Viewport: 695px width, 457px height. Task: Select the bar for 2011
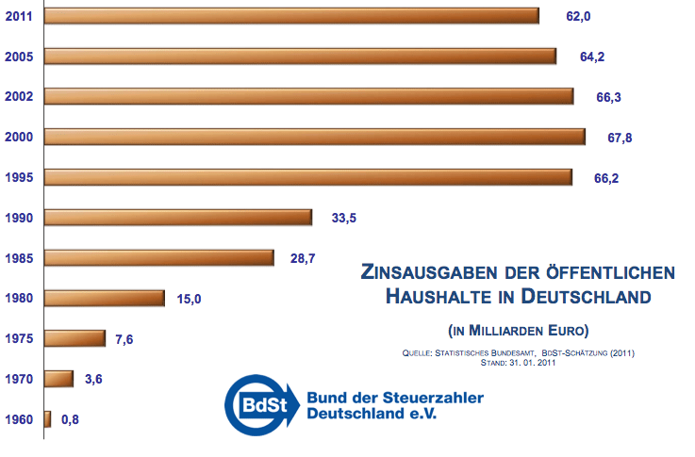(x=291, y=16)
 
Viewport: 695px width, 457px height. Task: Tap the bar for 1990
(x=178, y=218)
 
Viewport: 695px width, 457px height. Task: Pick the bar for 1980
(x=105, y=299)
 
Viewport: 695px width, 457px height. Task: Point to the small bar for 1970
(x=58, y=379)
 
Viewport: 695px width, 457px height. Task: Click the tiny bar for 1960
(x=47, y=419)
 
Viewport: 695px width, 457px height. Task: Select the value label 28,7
(x=303, y=258)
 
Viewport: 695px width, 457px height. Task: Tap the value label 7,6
(x=124, y=339)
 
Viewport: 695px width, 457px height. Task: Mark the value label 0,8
(x=70, y=419)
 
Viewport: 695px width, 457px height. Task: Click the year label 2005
(x=19, y=57)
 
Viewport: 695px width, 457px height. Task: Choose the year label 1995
(x=19, y=178)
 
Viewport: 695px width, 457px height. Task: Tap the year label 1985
(x=19, y=258)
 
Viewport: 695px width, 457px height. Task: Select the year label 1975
(x=19, y=339)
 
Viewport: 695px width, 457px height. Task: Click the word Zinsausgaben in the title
(x=426, y=273)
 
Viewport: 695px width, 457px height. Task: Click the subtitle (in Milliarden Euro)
(x=518, y=330)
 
